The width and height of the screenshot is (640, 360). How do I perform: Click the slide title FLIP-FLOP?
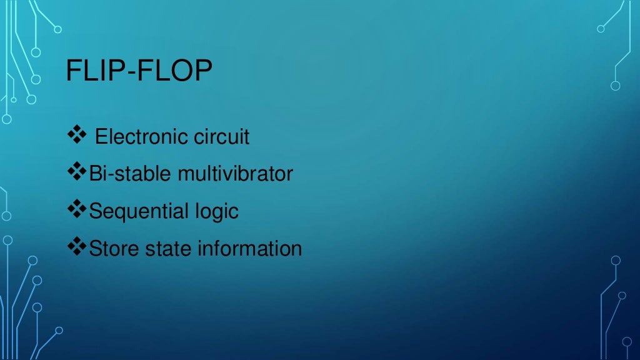[139, 72]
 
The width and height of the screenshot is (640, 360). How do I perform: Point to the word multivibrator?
[235, 173]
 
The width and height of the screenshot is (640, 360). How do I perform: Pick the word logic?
[216, 211]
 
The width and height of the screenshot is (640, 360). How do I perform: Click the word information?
[250, 249]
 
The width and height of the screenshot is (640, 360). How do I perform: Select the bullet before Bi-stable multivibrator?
[76, 172]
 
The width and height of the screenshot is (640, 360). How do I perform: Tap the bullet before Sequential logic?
[76, 210]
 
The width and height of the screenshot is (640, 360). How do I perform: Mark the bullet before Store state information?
[76, 247]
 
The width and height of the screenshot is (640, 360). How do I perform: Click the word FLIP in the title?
[92, 72]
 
